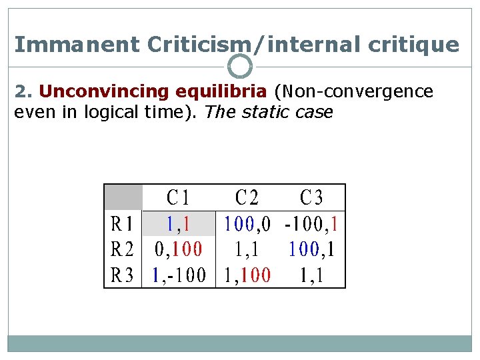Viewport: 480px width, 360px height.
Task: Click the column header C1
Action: (178, 198)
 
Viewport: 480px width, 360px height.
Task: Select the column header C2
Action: (247, 198)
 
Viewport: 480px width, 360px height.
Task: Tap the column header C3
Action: (311, 198)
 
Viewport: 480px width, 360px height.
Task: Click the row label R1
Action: (123, 223)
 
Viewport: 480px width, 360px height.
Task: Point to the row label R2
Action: (123, 249)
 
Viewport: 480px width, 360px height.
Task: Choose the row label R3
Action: (123, 275)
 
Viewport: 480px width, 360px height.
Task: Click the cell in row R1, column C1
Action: (178, 223)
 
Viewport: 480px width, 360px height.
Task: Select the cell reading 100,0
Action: (247, 223)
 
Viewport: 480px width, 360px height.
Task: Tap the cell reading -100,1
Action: (311, 223)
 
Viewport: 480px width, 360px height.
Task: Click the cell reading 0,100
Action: (178, 249)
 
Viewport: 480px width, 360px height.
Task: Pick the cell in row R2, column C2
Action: (247, 249)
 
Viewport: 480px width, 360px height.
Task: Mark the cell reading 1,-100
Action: (179, 275)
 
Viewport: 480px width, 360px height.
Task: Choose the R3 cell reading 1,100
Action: (247, 275)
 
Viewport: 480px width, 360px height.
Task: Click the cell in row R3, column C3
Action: (311, 275)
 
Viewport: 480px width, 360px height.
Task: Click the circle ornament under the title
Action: (240, 67)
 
